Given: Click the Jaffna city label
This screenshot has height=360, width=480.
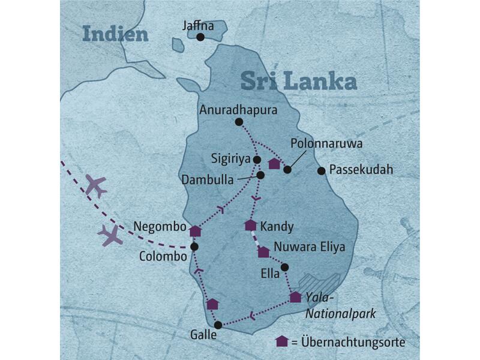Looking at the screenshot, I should (x=199, y=26).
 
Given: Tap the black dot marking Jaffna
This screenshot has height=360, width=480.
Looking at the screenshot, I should (x=200, y=37).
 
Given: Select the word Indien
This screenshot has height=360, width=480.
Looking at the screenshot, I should (x=115, y=34).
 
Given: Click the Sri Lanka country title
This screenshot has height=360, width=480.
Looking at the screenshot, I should (x=298, y=81).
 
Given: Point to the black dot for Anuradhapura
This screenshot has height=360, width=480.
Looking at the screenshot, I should (x=239, y=122).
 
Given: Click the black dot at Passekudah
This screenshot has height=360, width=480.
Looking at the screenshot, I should (x=321, y=171).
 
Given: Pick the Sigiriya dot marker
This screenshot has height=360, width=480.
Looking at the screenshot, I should (x=257, y=160).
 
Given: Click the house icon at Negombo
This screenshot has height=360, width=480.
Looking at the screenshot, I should (x=195, y=230).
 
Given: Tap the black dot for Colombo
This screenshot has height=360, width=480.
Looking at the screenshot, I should (x=194, y=247).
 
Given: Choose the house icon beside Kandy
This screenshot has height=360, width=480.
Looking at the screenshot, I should (x=251, y=225).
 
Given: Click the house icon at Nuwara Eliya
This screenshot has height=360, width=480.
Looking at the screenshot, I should (x=263, y=252).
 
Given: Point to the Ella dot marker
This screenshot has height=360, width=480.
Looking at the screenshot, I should (x=284, y=267).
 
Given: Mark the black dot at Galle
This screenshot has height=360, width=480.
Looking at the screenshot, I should (x=218, y=325).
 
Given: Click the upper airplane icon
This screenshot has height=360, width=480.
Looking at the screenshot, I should (x=95, y=186).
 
